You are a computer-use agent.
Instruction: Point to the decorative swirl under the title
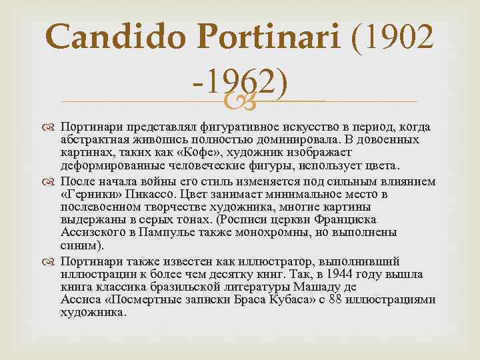[x=239, y=101]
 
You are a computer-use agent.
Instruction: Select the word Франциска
[x=345, y=220]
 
